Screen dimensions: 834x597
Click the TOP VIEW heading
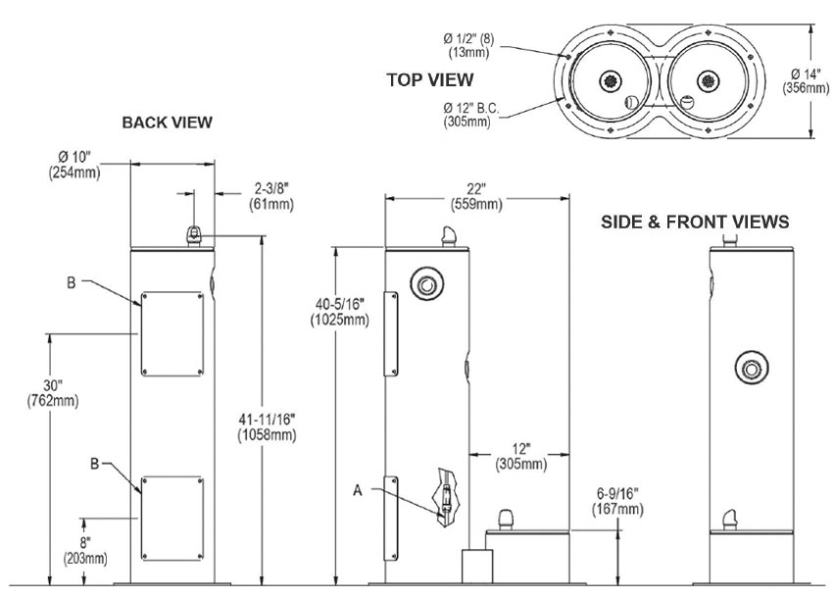tap(430, 79)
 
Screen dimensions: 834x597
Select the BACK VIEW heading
tap(167, 123)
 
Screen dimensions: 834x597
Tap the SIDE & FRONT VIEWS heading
tap(695, 222)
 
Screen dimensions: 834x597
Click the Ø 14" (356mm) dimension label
tap(806, 80)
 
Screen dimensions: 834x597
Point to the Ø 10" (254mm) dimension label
tap(74, 165)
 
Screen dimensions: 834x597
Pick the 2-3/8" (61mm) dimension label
tap(271, 196)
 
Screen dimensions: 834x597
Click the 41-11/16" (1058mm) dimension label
tap(267, 427)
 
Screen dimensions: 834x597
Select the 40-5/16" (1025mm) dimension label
tap(340, 312)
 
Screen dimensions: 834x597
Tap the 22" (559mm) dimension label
tap(476, 196)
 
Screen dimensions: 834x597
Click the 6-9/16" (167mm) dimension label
tap(617, 501)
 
